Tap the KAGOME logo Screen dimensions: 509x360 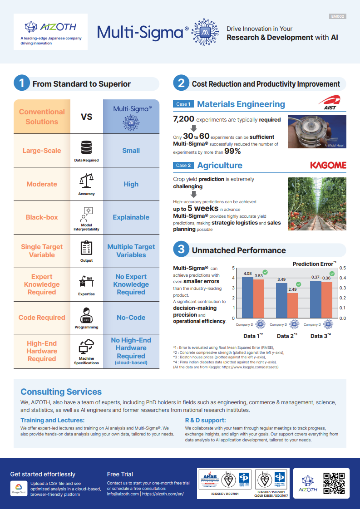click(328, 165)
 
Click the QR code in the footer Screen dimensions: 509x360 click(334, 484)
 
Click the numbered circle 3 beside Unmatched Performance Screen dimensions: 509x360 click(181, 250)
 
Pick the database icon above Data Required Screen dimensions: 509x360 click(86, 148)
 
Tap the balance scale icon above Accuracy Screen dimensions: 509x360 click(86, 181)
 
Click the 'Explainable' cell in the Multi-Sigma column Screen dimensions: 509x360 click(131, 217)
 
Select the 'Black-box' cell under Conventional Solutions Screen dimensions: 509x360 click(42, 217)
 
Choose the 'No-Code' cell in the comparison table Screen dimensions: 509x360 click(131, 318)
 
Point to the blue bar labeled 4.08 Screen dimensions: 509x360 click(247, 297)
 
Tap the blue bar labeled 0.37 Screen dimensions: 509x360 click(316, 299)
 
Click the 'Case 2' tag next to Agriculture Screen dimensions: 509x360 click(183, 166)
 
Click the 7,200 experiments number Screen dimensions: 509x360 click(184, 120)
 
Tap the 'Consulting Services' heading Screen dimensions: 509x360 click(61, 392)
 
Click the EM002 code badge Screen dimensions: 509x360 click(337, 16)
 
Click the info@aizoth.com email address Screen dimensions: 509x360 click(123, 494)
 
